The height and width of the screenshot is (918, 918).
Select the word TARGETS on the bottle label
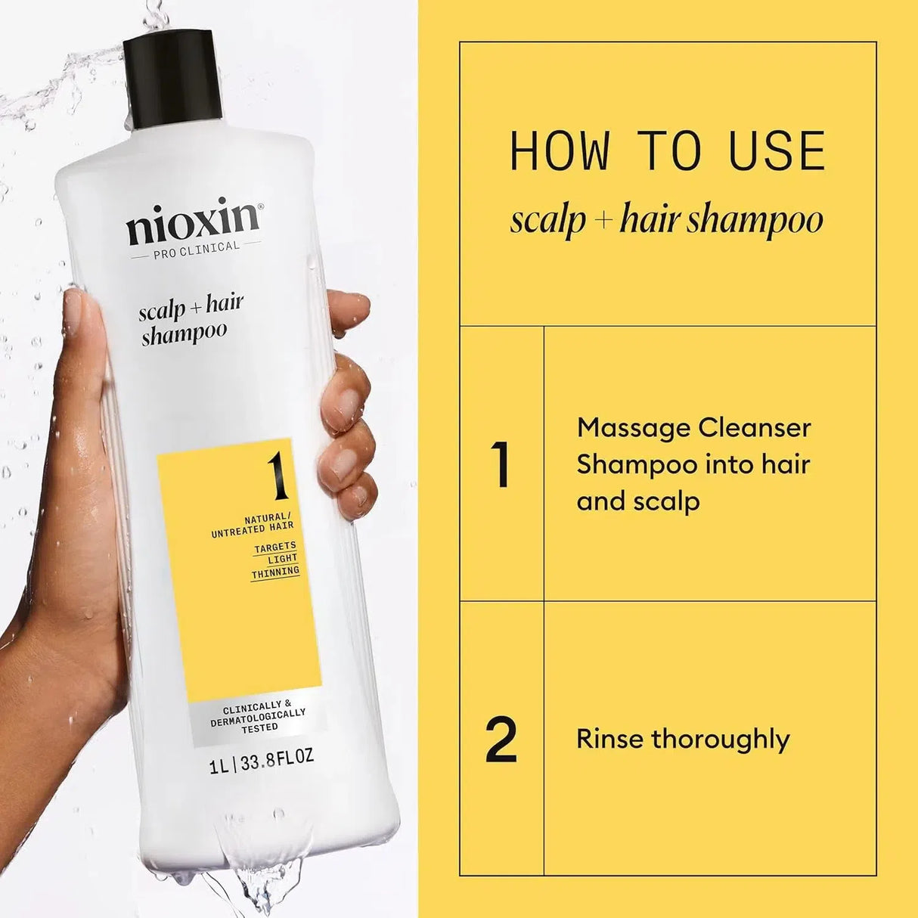pos(275,546)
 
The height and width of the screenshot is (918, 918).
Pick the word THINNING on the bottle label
pos(275,572)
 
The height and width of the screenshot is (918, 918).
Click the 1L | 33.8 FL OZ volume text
pos(261,757)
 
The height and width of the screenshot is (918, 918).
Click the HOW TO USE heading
pos(667,151)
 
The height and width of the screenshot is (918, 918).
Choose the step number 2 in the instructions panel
pos(501,739)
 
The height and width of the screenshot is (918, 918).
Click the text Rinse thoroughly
pos(682,739)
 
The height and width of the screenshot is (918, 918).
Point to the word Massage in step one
pos(631,428)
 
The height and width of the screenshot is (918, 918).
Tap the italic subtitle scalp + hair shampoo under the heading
pos(665,220)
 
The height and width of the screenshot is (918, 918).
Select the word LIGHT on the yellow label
pos(283,559)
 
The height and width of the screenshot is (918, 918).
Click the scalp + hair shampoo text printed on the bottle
pos(189,318)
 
